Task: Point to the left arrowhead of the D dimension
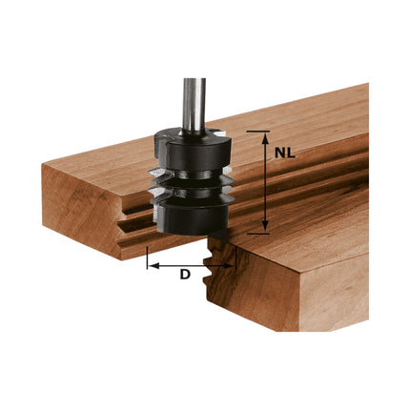[153, 266]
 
